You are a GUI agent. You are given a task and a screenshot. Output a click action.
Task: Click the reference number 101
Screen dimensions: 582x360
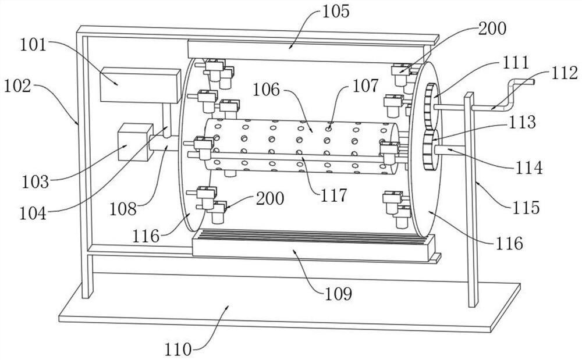pos(33,45)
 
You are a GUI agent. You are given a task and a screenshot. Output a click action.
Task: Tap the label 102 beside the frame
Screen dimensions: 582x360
pos(17,87)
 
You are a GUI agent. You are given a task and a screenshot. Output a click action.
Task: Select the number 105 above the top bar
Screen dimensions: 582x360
pos(336,12)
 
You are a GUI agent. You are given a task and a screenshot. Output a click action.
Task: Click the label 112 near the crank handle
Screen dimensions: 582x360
pos(564,73)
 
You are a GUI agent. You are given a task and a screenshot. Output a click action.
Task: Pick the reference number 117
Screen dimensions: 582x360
pos(333,195)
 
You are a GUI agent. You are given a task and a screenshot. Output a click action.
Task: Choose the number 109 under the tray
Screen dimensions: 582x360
pos(338,294)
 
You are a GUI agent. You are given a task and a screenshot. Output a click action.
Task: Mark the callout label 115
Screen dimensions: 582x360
pos(526,208)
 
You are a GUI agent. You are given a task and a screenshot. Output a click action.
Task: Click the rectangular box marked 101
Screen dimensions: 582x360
pos(140,85)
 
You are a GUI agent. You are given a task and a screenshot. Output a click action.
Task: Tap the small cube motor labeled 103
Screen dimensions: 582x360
pos(135,142)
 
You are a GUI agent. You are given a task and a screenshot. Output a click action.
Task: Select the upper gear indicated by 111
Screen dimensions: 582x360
pos(431,107)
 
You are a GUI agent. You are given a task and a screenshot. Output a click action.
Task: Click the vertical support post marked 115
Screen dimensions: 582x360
pos(471,199)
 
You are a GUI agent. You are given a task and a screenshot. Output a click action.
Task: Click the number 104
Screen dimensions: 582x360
pos(33,213)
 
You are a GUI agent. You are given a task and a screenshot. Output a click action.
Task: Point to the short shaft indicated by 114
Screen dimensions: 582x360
pos(449,150)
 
